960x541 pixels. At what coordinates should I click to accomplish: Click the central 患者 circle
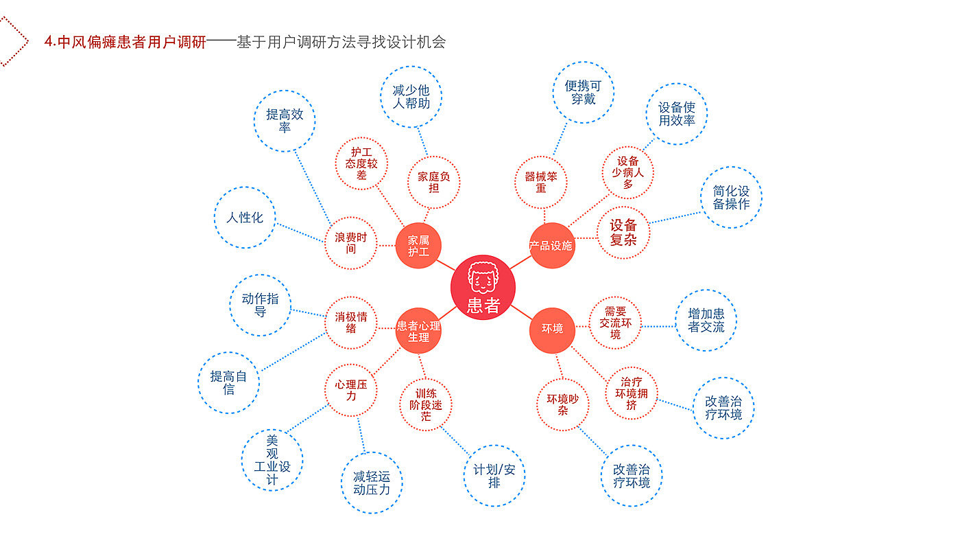click(483, 288)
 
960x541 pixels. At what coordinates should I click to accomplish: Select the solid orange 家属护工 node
click(418, 246)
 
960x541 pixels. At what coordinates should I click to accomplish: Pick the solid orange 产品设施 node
click(551, 245)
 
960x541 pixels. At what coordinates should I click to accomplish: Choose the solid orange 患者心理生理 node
click(418, 331)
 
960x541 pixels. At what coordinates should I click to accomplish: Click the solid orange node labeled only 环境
click(552, 330)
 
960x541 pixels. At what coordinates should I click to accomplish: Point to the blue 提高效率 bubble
click(285, 121)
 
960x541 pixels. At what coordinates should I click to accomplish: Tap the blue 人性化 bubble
click(245, 218)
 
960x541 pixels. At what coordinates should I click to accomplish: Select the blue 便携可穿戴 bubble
click(584, 92)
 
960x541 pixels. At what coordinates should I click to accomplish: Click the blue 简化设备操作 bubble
click(731, 198)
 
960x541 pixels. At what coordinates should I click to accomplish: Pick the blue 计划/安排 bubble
click(494, 476)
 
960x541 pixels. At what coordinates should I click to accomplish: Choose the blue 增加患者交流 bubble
click(706, 320)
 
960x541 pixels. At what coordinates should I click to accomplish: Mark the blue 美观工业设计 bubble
click(272, 460)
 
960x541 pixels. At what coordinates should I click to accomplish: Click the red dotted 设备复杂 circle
click(623, 232)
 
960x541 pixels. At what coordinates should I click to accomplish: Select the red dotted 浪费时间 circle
click(351, 243)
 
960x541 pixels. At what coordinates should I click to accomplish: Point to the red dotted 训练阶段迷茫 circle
click(426, 404)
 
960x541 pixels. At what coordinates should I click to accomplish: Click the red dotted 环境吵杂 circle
click(562, 404)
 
